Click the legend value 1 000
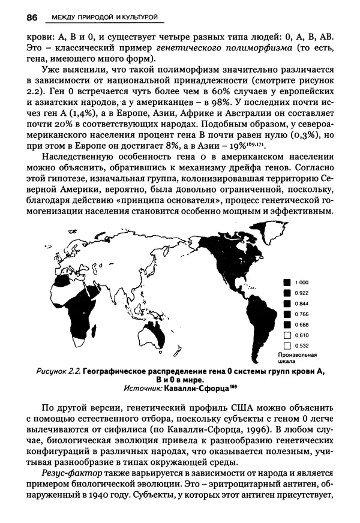click(x=302, y=281)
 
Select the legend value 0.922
click(x=302, y=292)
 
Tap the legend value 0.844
click(x=302, y=303)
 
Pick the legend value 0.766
click(x=302, y=314)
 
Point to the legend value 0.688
click(x=302, y=324)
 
